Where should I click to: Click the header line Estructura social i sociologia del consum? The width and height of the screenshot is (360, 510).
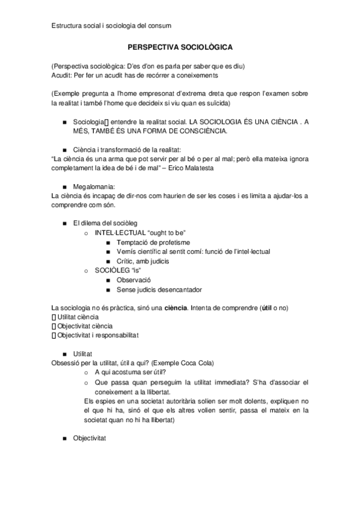coord(111,25)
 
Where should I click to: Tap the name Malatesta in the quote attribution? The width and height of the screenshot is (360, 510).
coord(197,168)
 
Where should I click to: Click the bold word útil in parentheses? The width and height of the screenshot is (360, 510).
coord(266,308)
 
